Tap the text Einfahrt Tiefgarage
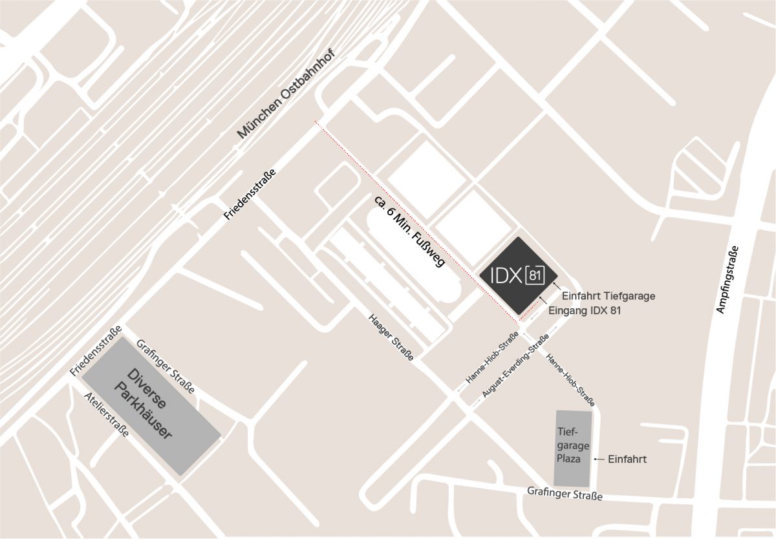609,296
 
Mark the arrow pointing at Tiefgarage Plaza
599,460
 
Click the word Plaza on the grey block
569,459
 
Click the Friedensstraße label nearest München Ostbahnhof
250,195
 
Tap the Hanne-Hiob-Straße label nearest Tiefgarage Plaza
570,381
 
